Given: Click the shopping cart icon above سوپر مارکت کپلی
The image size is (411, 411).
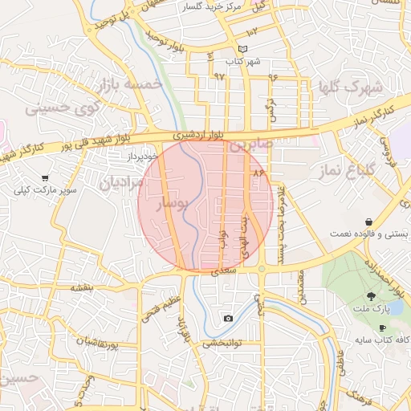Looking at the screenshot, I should click(x=45, y=177).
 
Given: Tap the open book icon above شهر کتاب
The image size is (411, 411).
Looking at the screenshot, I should click(x=232, y=49).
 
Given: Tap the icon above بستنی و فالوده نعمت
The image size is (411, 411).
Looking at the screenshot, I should click(x=368, y=222).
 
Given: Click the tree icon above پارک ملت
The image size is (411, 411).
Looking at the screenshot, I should click(x=370, y=297).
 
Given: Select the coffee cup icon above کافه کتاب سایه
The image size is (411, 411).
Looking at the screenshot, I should click(x=382, y=328).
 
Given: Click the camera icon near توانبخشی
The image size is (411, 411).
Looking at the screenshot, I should click(x=229, y=319).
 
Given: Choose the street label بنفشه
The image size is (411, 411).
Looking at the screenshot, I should click(x=83, y=287).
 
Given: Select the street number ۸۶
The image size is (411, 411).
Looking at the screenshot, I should click(x=258, y=172).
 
